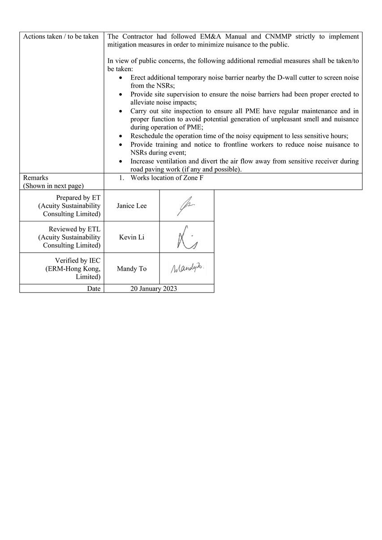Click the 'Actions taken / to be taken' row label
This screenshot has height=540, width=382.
pyautogui.click(x=60, y=37)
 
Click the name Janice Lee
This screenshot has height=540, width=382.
pyautogui.click(x=132, y=206)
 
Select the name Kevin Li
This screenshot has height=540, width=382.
pyautogui.click(x=132, y=237)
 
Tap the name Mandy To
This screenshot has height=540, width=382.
pyautogui.click(x=132, y=269)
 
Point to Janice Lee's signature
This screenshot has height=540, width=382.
pyautogui.click(x=186, y=206)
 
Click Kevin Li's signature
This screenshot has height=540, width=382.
pyautogui.click(x=187, y=238)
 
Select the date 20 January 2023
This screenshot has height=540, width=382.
pyautogui.click(x=154, y=289)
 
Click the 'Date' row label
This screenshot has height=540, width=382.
pyautogui.click(x=94, y=289)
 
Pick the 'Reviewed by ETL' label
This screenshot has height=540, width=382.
pyautogui.click(x=74, y=229)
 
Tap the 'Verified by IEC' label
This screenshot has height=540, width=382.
pyautogui.click(x=77, y=260)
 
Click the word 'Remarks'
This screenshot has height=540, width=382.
pyautogui.click(x=36, y=178)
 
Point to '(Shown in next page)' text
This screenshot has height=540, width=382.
pyautogui.click(x=53, y=186)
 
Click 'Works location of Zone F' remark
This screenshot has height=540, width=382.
pyautogui.click(x=167, y=178)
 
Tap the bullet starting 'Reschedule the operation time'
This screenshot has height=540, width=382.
pyautogui.click(x=239, y=136)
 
